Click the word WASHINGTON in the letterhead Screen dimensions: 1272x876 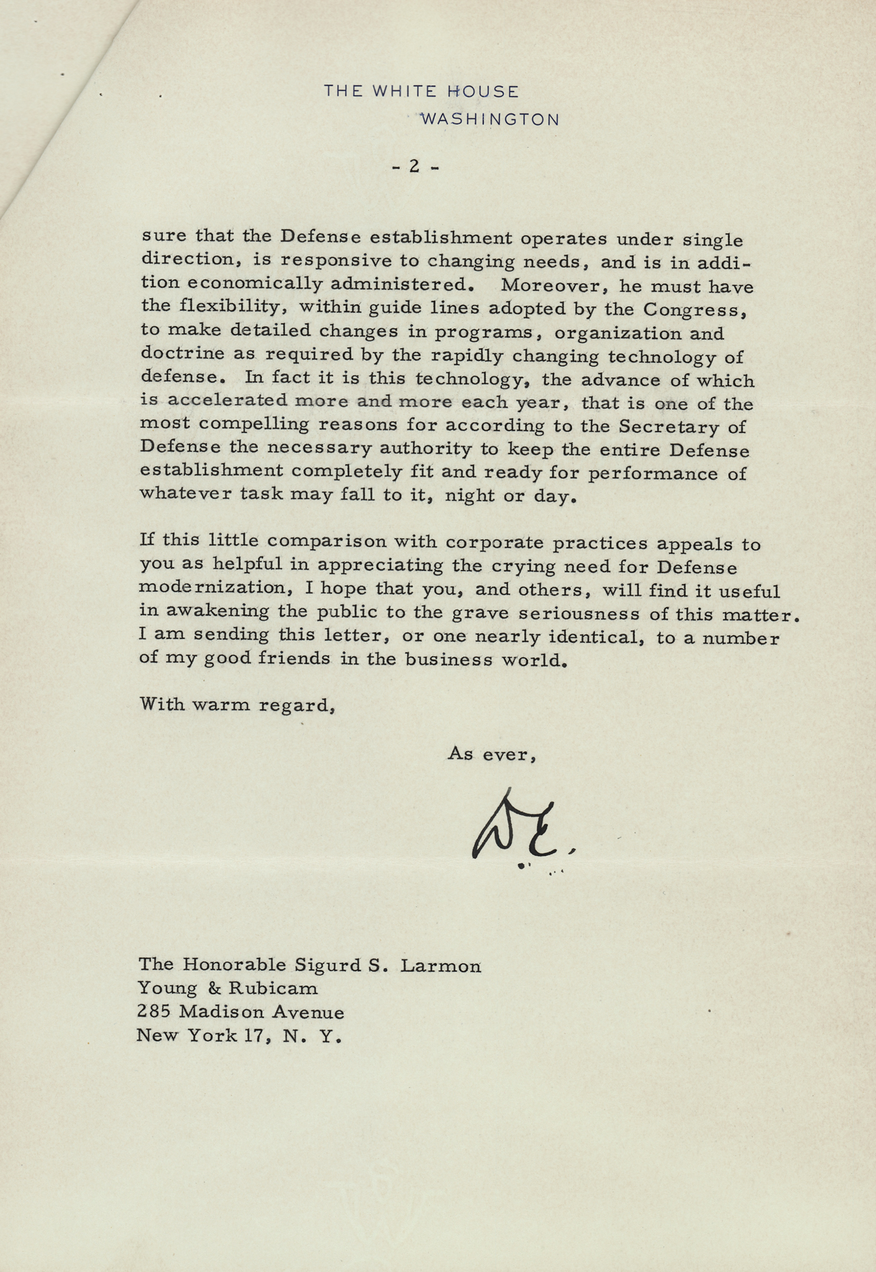tap(490, 120)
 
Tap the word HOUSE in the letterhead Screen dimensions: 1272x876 tap(483, 92)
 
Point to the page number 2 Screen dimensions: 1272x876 tap(414, 166)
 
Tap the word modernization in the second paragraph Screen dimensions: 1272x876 tap(212, 589)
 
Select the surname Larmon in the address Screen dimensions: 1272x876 tap(440, 966)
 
